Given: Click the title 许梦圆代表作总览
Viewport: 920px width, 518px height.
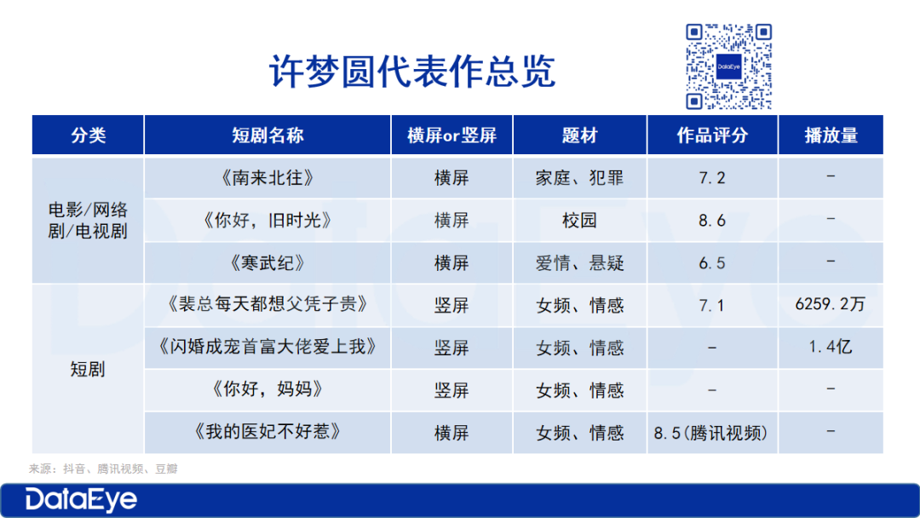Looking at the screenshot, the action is coord(412,72).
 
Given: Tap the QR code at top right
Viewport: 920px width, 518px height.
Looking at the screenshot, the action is coord(728,66).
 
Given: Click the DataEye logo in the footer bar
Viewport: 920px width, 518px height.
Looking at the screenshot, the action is coord(81,500).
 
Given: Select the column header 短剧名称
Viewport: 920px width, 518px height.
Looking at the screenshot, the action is coord(267,135).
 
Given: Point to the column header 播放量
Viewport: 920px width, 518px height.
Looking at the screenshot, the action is coord(831,135).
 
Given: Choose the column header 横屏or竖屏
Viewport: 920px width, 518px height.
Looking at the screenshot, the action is coord(451,135).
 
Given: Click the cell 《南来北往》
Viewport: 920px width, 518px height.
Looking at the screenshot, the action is coord(267,178).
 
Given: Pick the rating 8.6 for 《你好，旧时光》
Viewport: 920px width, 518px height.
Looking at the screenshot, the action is coord(711,221).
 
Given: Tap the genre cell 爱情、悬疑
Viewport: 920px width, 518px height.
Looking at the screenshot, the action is coord(580,262).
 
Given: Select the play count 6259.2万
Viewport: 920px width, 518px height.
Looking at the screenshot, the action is coord(831,304).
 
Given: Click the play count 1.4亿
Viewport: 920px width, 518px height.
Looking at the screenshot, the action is coord(831,347).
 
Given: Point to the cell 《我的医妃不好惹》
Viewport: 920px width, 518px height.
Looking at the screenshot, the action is coord(267,432).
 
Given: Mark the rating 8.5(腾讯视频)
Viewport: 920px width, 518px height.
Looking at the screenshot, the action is coord(711,433).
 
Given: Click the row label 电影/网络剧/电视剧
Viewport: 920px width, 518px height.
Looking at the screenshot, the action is coord(88,221).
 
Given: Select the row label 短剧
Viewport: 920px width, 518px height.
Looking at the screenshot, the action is coord(88,369).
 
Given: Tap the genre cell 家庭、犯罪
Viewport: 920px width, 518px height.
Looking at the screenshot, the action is coord(580,178).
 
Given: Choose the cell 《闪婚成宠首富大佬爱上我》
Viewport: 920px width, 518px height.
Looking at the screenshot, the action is coord(267,347).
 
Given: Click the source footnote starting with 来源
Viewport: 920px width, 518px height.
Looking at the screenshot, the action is coord(103,469).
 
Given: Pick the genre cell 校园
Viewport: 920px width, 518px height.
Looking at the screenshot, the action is coord(580,221).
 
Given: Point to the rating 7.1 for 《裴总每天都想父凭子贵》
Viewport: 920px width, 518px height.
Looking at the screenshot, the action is coord(711,306).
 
